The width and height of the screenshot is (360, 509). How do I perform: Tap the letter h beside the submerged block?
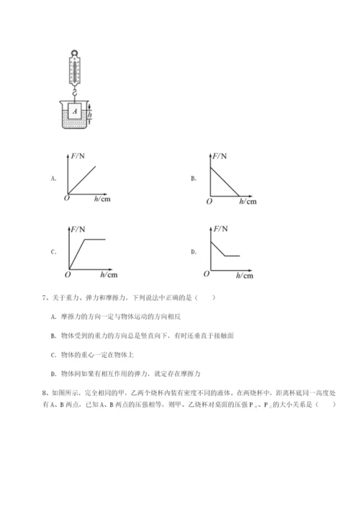tap(91, 113)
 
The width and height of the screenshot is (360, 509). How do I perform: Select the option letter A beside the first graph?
tap(53, 177)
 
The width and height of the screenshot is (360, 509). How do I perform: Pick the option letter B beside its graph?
tap(193, 177)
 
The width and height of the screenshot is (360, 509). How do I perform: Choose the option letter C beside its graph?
tap(53, 252)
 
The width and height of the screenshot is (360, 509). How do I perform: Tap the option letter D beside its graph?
tap(193, 252)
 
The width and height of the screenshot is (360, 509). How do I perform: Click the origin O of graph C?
tap(66, 274)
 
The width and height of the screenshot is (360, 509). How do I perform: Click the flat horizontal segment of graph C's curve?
tap(95, 238)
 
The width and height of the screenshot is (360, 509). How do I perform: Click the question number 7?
tap(45, 298)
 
